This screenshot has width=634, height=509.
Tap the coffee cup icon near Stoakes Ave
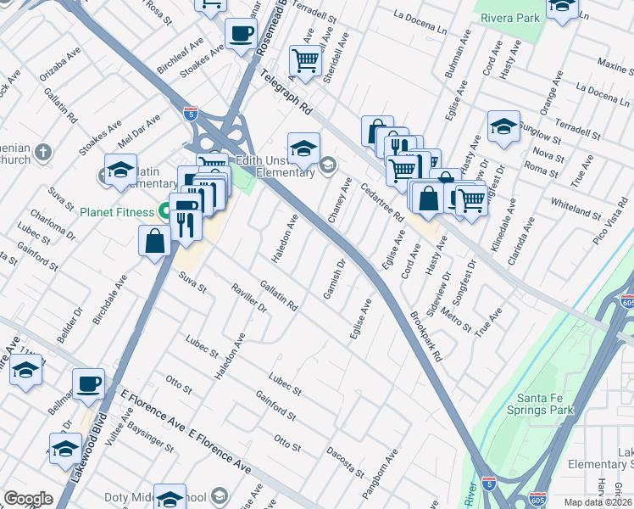click(x=241, y=34)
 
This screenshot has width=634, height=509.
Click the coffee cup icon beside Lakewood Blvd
click(x=87, y=383)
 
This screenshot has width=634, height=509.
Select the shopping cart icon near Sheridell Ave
click(x=305, y=60)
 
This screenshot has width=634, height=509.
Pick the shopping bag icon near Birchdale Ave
click(x=155, y=240)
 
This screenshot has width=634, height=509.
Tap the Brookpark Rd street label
click(x=426, y=337)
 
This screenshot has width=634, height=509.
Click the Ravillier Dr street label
click(x=249, y=299)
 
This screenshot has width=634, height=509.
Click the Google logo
click(x=28, y=499)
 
